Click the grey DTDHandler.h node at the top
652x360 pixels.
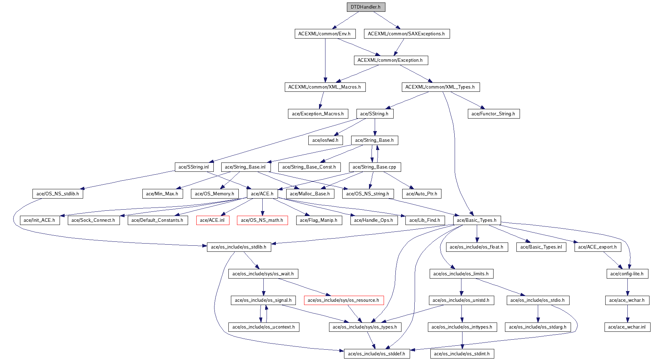click(366, 7)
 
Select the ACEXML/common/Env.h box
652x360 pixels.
click(325, 34)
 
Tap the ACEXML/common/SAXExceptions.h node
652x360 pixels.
click(406, 34)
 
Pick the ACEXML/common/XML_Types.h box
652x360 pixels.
click(440, 87)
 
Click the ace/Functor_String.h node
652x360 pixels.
click(493, 114)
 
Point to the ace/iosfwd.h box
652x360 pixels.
click(325, 140)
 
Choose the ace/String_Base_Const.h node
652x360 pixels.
click(309, 167)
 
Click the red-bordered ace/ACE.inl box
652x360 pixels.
click(212, 220)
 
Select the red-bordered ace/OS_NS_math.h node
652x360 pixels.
click(262, 220)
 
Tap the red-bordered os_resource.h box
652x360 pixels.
click(343, 300)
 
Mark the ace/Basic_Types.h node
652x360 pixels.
click(477, 220)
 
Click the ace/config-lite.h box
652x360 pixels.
click(627, 274)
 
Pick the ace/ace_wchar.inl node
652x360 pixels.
click(627, 327)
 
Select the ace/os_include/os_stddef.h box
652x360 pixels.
click(376, 354)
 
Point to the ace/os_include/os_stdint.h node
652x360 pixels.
click(462, 354)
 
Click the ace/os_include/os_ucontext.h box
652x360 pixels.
click(264, 327)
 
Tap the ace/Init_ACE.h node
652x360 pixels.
click(39, 220)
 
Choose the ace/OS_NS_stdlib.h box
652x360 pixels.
click(58, 194)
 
